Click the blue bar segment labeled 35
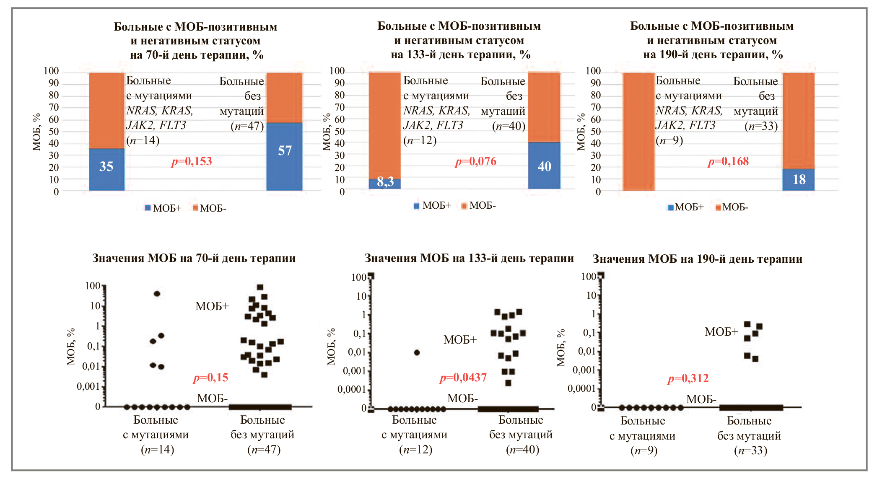pyautogui.click(x=106, y=169)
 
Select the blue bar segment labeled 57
pyautogui.click(x=284, y=156)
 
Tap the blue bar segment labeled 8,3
pyautogui.click(x=385, y=184)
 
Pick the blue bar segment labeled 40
pyautogui.click(x=544, y=166)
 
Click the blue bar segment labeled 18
pyautogui.click(x=799, y=179)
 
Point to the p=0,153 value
pyautogui.click(x=192, y=161)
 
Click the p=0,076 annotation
pyautogui.click(x=476, y=161)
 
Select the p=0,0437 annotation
pyautogui.click(x=463, y=378)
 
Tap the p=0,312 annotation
pyautogui.click(x=688, y=378)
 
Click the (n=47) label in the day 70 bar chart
pyautogui.click(x=247, y=126)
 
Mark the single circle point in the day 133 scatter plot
pyautogui.click(x=417, y=352)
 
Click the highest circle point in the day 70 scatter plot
pyautogui.click(x=157, y=294)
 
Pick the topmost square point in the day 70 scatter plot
pyautogui.click(x=260, y=287)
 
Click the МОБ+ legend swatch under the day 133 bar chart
pyautogui.click(x=417, y=206)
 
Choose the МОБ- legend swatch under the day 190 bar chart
pyautogui.click(x=718, y=207)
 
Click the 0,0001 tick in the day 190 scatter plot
pyautogui.click(x=581, y=388)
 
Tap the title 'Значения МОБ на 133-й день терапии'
pyautogui.click(x=469, y=258)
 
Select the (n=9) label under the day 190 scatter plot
pyautogui.click(x=644, y=450)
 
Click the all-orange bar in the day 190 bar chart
pyautogui.click(x=639, y=132)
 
